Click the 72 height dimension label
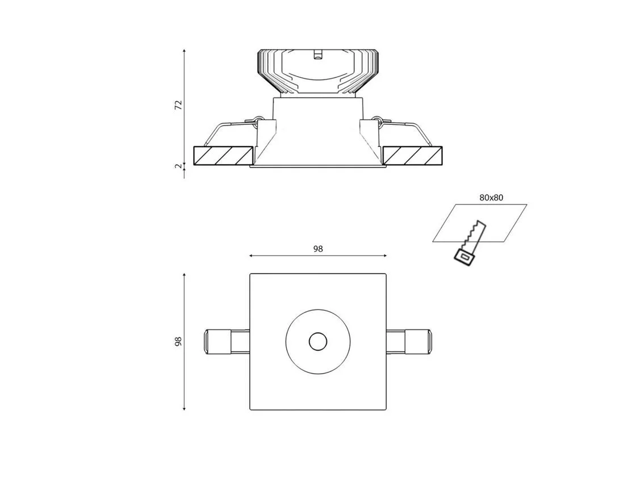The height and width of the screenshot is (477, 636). pyautogui.click(x=178, y=105)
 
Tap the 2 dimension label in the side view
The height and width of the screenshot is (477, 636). pyautogui.click(x=178, y=166)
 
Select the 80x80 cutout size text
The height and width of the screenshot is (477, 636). pyautogui.click(x=491, y=198)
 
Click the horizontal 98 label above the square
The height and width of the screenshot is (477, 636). pyautogui.click(x=318, y=249)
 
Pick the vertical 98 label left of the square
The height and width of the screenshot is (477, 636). pyautogui.click(x=178, y=341)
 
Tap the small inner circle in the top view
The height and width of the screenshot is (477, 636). pyautogui.click(x=317, y=342)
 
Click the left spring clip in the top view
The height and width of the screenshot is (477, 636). pyautogui.click(x=226, y=342)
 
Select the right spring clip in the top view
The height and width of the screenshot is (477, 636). pyautogui.click(x=409, y=342)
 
